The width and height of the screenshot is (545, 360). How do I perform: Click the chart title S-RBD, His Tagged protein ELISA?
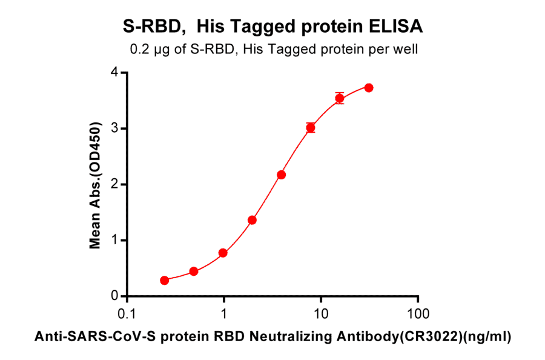click(272, 27)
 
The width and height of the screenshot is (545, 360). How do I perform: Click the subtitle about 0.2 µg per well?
click(272, 50)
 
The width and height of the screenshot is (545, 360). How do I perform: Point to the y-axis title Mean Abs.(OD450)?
click(95, 184)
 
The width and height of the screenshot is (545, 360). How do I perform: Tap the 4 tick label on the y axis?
click(114, 73)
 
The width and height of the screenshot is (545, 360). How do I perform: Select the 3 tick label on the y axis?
click(114, 128)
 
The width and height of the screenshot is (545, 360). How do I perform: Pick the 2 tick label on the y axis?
click(114, 184)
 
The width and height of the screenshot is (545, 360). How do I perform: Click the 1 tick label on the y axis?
click(114, 241)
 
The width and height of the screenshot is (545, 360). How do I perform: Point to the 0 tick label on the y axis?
click(114, 296)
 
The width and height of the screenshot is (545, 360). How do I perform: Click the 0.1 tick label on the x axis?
click(127, 314)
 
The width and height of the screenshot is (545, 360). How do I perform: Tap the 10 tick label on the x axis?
click(321, 314)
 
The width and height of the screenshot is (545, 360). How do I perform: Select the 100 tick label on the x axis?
click(418, 314)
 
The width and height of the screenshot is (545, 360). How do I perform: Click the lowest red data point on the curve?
click(165, 281)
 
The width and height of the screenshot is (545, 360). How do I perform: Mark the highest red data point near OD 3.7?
click(369, 88)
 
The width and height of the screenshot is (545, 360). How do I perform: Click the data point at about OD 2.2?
click(281, 175)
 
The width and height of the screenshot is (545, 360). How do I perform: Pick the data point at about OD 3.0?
click(311, 127)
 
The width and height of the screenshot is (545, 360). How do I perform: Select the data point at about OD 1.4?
click(252, 220)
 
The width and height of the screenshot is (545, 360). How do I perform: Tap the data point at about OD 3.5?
click(340, 98)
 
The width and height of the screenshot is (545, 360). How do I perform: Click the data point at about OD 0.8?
click(223, 253)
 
